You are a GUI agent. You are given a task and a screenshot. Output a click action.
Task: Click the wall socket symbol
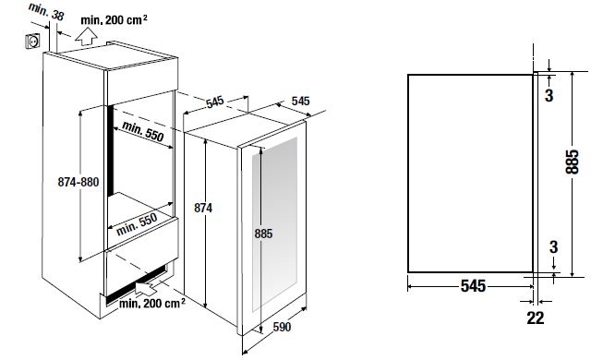click(x=32, y=41)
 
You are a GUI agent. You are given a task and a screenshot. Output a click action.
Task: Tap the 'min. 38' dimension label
click(x=46, y=12)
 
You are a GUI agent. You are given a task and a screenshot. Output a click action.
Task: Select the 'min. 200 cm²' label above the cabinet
click(x=114, y=19)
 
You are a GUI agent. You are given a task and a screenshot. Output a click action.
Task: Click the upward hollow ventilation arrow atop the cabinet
click(x=86, y=38)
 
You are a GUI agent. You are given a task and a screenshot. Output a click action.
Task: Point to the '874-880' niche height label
click(x=78, y=182)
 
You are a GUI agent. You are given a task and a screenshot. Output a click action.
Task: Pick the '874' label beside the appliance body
click(x=203, y=208)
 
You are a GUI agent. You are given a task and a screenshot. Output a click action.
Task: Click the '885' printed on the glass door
click(x=263, y=234)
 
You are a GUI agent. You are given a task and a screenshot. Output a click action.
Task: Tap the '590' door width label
click(x=282, y=327)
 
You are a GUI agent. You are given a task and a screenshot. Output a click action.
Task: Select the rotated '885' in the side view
click(x=572, y=162)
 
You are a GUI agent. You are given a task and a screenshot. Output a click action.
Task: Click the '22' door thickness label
click(x=536, y=318)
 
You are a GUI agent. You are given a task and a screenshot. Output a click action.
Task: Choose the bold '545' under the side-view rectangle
click(x=473, y=286)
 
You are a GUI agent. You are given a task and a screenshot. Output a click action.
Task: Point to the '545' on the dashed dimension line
click(x=215, y=102)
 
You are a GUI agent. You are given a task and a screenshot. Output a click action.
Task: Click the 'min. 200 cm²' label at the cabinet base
click(x=152, y=303)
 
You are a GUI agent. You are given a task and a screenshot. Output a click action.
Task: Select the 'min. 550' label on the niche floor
click(x=137, y=224)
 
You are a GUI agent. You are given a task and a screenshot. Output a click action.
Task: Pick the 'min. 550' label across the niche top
click(x=143, y=131)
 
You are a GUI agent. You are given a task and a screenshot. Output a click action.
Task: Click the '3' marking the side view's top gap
click(x=549, y=95)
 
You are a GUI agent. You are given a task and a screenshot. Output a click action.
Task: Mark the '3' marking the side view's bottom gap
click(x=553, y=247)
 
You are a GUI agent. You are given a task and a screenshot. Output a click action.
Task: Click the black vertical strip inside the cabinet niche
click(x=110, y=151)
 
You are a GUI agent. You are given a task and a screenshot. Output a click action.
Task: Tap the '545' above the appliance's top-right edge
click(x=300, y=101)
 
